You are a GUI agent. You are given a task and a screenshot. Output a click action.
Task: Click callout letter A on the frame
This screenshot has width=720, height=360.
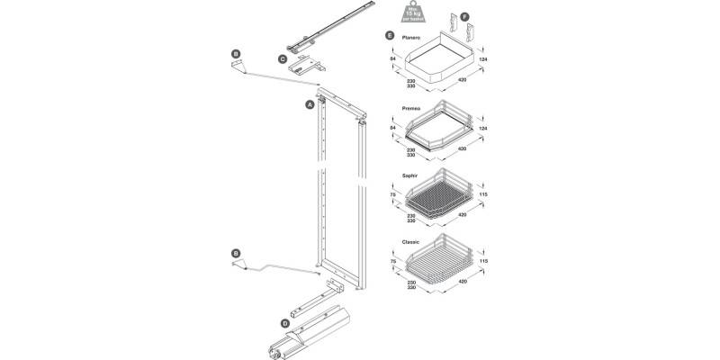[310, 104]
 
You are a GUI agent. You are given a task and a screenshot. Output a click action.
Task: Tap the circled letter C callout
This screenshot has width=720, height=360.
[283, 60]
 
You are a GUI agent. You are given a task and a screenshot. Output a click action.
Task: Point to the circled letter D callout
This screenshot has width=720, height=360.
[284, 322]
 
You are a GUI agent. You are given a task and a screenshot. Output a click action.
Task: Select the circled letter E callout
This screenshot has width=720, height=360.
[388, 35]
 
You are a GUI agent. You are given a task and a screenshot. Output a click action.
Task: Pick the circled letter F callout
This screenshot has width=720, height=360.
[465, 17]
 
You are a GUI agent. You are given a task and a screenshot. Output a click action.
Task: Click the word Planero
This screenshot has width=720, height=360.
[413, 37]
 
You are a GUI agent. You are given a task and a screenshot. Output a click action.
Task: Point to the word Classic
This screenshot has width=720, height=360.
[412, 241]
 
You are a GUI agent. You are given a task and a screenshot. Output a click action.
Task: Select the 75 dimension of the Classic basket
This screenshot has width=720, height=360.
[393, 263]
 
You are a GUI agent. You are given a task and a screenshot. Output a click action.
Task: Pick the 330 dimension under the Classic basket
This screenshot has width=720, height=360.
[410, 288]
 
